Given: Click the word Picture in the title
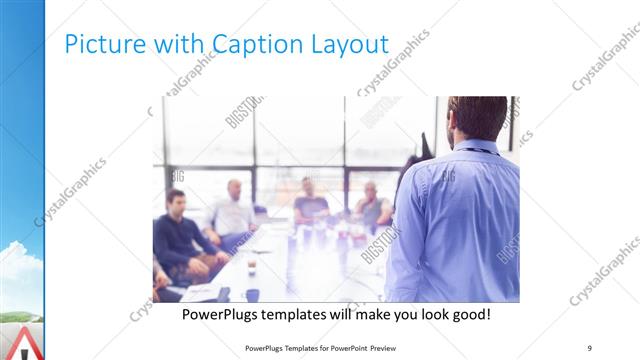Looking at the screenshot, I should pos(97,44).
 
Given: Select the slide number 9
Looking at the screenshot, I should pos(589,347).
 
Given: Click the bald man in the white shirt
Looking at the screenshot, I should pos(233,210).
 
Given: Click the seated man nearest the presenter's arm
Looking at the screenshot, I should pos(371,204).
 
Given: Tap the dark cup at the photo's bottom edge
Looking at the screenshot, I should pos(253,294).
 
